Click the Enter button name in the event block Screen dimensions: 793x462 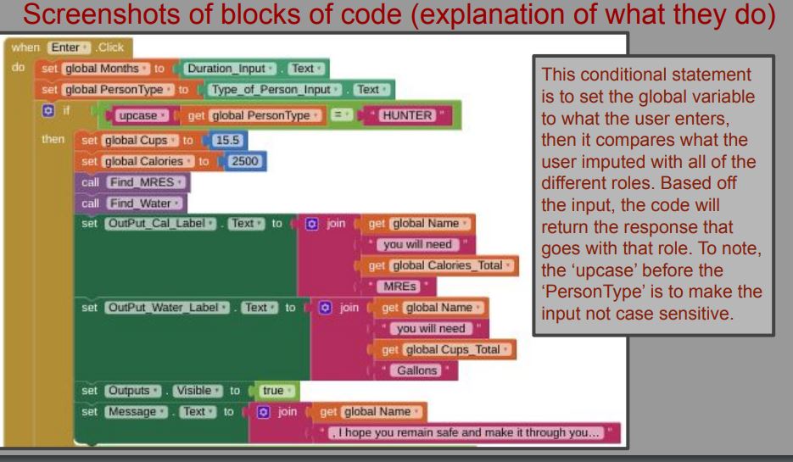point(69,47)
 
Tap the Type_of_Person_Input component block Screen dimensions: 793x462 point(275,90)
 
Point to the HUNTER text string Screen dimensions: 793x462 point(407,115)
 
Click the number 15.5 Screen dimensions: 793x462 point(227,140)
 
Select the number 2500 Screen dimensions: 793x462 point(245,161)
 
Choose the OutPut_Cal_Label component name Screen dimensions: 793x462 point(160,224)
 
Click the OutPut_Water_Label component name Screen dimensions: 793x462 point(167,308)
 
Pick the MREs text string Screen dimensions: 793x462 point(399,287)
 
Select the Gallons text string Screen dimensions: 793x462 point(416,370)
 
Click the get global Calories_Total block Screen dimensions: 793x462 point(439,265)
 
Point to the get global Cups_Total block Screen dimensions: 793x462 point(445,349)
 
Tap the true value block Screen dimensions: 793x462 point(276,391)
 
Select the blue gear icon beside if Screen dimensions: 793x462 point(48,110)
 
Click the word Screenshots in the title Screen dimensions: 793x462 point(102,14)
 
